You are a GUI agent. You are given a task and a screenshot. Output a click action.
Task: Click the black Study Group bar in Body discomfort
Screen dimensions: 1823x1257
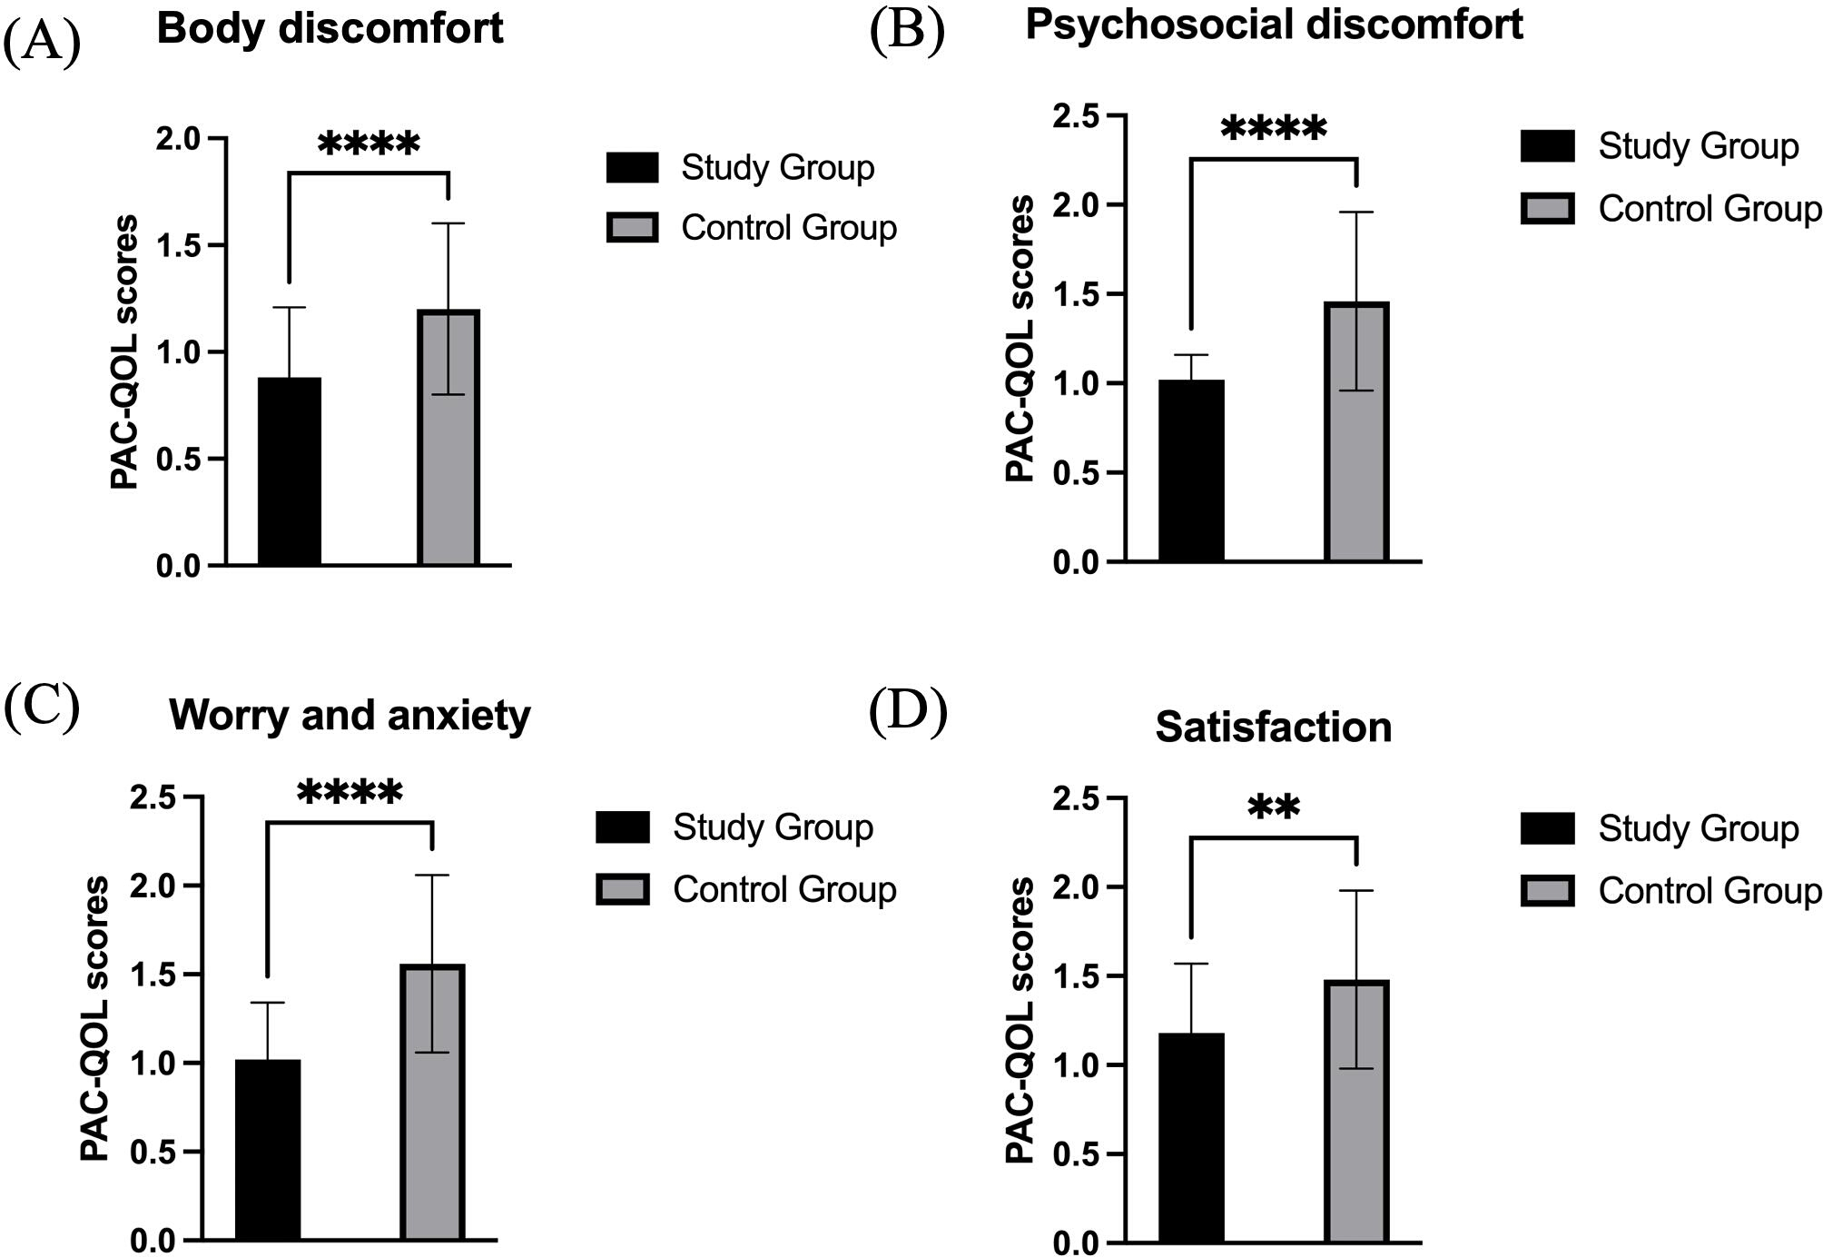pos(290,471)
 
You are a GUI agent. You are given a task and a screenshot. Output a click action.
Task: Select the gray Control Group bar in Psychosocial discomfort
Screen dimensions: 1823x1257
pos(1356,432)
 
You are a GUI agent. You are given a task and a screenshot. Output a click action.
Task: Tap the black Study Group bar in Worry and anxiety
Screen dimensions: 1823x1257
pos(268,1150)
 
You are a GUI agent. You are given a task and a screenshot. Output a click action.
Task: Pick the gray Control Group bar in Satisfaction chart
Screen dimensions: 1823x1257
pos(1356,1112)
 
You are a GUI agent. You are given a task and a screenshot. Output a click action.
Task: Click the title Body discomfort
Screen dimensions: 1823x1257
pos(330,27)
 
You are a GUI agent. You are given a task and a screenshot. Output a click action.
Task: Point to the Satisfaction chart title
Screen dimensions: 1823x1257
pos(1274,727)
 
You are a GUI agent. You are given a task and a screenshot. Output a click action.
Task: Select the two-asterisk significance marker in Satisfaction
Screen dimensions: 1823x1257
pos(1274,807)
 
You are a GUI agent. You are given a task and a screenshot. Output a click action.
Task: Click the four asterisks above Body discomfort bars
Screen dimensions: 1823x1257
pos(370,144)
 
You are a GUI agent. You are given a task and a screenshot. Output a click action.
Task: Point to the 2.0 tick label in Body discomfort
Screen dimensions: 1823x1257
pos(178,139)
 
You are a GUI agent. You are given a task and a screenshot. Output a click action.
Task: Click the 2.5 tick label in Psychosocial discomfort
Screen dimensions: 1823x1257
pos(1076,116)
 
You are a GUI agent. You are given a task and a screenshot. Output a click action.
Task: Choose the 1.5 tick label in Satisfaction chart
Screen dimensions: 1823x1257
pos(1076,975)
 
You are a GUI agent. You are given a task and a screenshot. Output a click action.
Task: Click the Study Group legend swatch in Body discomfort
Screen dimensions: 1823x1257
pos(633,167)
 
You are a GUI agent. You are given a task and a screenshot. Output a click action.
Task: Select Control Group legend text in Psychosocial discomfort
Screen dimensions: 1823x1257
pos(1710,209)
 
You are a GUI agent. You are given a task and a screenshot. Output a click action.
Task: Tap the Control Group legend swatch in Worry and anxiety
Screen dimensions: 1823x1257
pos(623,889)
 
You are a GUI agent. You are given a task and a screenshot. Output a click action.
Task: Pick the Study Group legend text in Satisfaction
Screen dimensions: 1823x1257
pos(1699,828)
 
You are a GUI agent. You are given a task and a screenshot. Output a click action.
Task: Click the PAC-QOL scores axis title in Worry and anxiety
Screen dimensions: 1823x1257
pos(94,1019)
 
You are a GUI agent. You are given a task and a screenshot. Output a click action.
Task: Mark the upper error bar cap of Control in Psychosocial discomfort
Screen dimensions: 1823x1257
pos(1356,212)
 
